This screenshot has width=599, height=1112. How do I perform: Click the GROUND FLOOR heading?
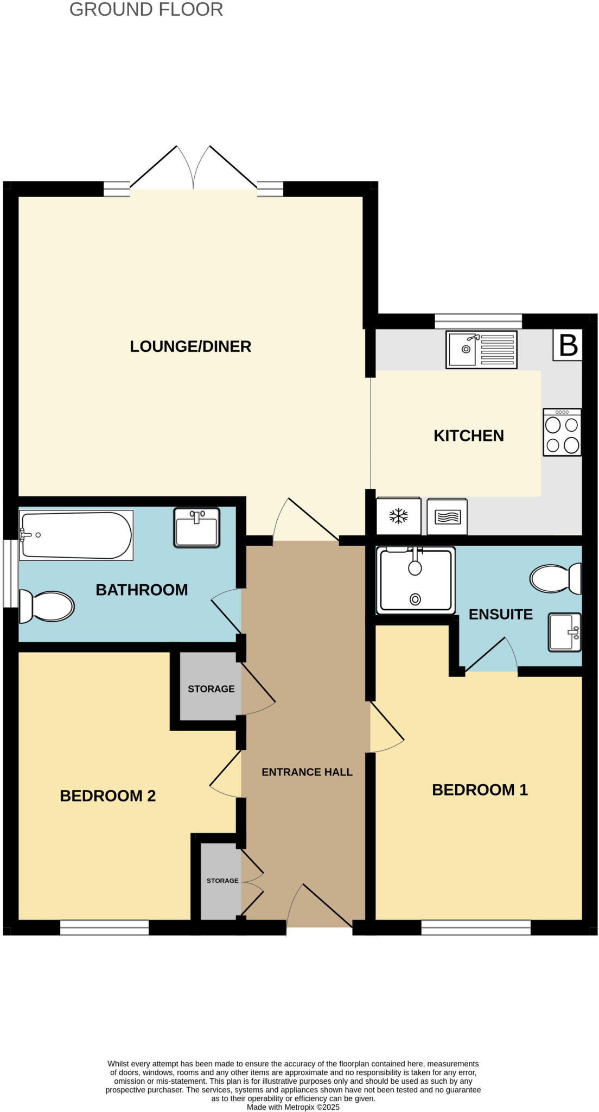point(146,10)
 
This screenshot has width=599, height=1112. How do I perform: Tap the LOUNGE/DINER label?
point(190,346)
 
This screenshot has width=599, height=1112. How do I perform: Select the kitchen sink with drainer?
point(481,350)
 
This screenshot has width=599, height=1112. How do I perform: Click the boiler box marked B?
point(568,345)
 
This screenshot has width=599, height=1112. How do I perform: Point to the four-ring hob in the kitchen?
point(562,432)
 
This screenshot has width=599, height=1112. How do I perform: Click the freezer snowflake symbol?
point(399,516)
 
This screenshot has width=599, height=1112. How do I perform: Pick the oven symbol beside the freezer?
point(447,516)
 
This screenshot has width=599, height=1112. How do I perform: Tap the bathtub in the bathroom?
point(76,535)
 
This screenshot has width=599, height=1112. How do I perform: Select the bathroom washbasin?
point(196,527)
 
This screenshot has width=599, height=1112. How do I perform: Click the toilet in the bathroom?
point(47,606)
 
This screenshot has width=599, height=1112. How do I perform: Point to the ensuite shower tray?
point(416,580)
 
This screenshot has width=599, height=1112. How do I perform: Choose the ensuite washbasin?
point(564,631)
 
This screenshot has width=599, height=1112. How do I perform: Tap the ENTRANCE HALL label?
point(307,772)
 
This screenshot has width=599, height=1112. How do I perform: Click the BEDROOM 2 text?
point(107,796)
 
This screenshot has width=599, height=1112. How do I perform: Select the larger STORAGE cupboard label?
point(211,689)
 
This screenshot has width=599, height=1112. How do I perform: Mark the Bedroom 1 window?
point(476,927)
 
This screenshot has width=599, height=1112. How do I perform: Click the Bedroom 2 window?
point(104,927)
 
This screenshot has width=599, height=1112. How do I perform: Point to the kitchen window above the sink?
point(478,321)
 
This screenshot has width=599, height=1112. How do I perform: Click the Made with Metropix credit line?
point(293,1107)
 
